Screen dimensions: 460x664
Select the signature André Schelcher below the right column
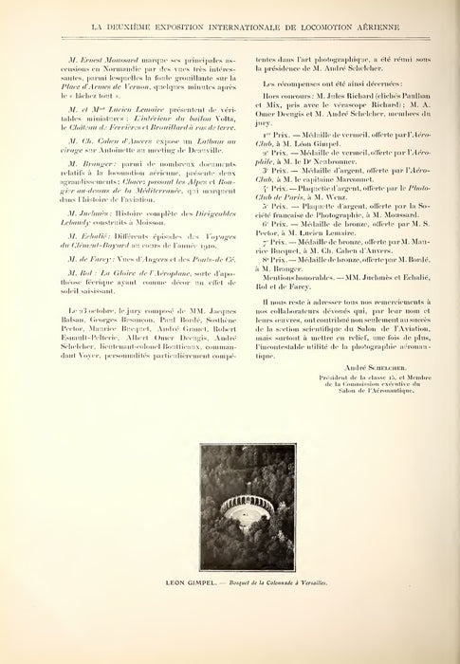tap(344, 367)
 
